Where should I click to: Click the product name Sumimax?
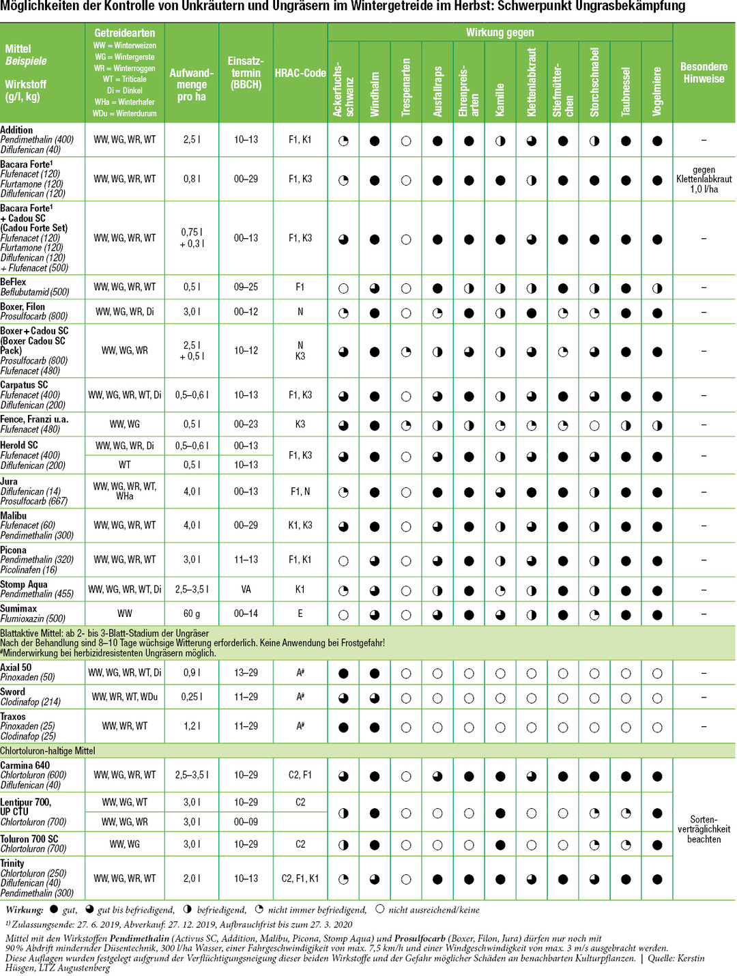18,608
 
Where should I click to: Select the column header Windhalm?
375,94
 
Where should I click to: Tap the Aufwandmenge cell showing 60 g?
192,614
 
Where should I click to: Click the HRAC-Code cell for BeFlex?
300,287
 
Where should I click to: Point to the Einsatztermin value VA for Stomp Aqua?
246,589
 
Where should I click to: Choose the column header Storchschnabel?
594,82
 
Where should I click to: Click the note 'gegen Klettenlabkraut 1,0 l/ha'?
704,180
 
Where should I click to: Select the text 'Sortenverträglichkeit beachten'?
704,829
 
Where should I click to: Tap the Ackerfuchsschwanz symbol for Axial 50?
343,674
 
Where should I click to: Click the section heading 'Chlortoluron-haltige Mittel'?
48,751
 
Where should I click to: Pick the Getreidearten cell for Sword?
125,697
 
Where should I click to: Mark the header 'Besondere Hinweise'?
704,72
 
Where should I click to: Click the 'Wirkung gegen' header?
500,32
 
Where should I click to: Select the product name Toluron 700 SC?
29,839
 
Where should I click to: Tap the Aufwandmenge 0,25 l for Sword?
192,697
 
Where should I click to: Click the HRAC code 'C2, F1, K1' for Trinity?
300,878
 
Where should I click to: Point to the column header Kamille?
500,100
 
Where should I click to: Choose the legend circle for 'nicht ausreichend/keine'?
380,909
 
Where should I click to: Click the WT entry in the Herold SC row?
125,465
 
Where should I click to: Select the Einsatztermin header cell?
246,72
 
